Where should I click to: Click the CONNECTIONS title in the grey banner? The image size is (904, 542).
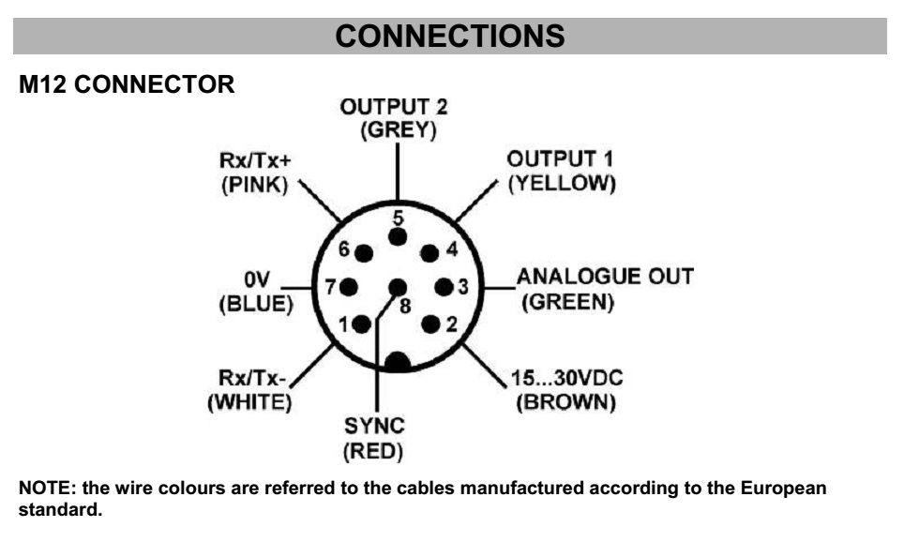coord(450,36)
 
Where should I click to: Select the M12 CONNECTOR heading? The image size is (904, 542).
coord(127,84)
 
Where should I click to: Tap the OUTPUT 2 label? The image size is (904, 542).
coord(394,107)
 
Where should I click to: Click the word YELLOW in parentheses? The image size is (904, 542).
coord(562,184)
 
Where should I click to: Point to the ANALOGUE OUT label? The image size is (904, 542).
coord(605,277)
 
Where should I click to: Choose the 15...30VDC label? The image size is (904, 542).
coord(566,378)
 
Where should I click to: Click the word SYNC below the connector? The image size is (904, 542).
coord(374,426)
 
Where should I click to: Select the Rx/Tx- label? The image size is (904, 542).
coord(252,378)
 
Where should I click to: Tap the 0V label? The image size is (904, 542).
coord(257,279)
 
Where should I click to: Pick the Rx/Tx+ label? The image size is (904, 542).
coord(255,159)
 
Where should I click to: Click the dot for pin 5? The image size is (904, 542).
coord(398,237)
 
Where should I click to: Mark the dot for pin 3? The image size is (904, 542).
coord(444,287)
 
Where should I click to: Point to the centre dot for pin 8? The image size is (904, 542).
coord(398,287)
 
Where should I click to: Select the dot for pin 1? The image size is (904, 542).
coord(361,324)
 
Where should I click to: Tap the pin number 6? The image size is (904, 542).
coord(343,249)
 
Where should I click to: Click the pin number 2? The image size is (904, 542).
coord(451,324)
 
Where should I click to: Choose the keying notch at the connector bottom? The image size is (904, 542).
coord(398,362)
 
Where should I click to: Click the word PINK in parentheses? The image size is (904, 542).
coord(255,185)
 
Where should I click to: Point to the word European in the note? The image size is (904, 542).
coord(783,489)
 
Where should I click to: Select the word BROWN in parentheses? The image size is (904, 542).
coord(565,402)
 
